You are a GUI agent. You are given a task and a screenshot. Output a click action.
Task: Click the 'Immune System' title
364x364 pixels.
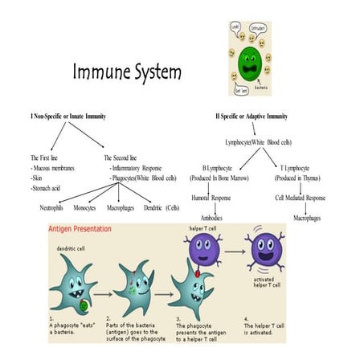coord(127,72)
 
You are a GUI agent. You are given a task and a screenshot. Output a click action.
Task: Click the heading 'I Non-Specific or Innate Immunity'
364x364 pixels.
coord(68,117)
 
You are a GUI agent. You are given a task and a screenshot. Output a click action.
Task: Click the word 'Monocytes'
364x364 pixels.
coord(86,207)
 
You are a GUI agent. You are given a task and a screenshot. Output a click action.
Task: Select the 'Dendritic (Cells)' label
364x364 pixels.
coord(162,207)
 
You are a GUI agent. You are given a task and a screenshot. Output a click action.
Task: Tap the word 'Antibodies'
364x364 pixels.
coord(212,218)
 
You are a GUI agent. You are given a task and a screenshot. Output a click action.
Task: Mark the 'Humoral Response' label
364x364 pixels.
coord(212,197)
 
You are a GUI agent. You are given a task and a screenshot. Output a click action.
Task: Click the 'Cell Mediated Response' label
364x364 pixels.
coord(301,197)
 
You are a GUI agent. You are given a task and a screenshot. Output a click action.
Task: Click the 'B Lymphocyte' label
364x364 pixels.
coord(212,168)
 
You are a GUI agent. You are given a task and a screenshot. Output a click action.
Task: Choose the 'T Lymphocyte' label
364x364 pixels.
coord(301,168)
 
